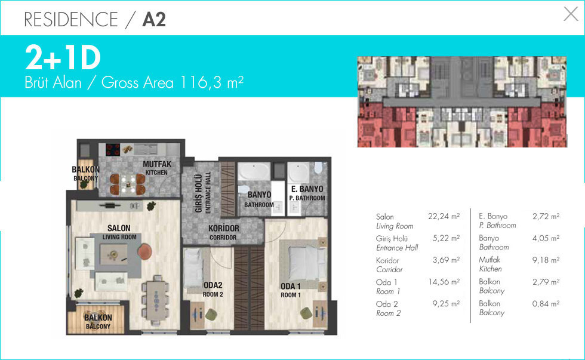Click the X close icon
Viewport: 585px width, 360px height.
pyautogui.click(x=571, y=14)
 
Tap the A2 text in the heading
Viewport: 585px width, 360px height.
pyautogui.click(x=154, y=19)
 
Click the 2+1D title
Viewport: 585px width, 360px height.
pyautogui.click(x=63, y=57)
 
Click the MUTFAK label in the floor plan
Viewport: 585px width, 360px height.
pyautogui.click(x=157, y=164)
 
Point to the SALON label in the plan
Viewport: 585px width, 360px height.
pyautogui.click(x=119, y=228)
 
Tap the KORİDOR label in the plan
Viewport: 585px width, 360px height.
pyautogui.click(x=223, y=228)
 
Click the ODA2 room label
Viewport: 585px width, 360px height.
pyautogui.click(x=213, y=285)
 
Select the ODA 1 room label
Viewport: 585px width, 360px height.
pyautogui.click(x=291, y=286)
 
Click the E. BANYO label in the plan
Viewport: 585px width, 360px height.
pyautogui.click(x=307, y=189)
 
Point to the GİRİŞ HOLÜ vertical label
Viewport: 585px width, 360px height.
pyautogui.click(x=199, y=193)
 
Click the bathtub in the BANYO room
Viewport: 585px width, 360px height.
pyautogui.click(x=254, y=171)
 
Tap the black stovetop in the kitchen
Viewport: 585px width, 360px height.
pyautogui.click(x=113, y=150)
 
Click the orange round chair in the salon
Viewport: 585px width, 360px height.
pyautogui.click(x=144, y=251)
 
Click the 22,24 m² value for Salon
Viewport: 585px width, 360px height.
pyautogui.click(x=444, y=216)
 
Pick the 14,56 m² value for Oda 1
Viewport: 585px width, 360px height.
pyautogui.click(x=444, y=282)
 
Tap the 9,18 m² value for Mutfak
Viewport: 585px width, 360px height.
pyautogui.click(x=546, y=260)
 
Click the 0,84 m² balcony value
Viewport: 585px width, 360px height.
pyautogui.click(x=546, y=304)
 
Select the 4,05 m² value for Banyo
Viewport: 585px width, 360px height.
pyautogui.click(x=546, y=238)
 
